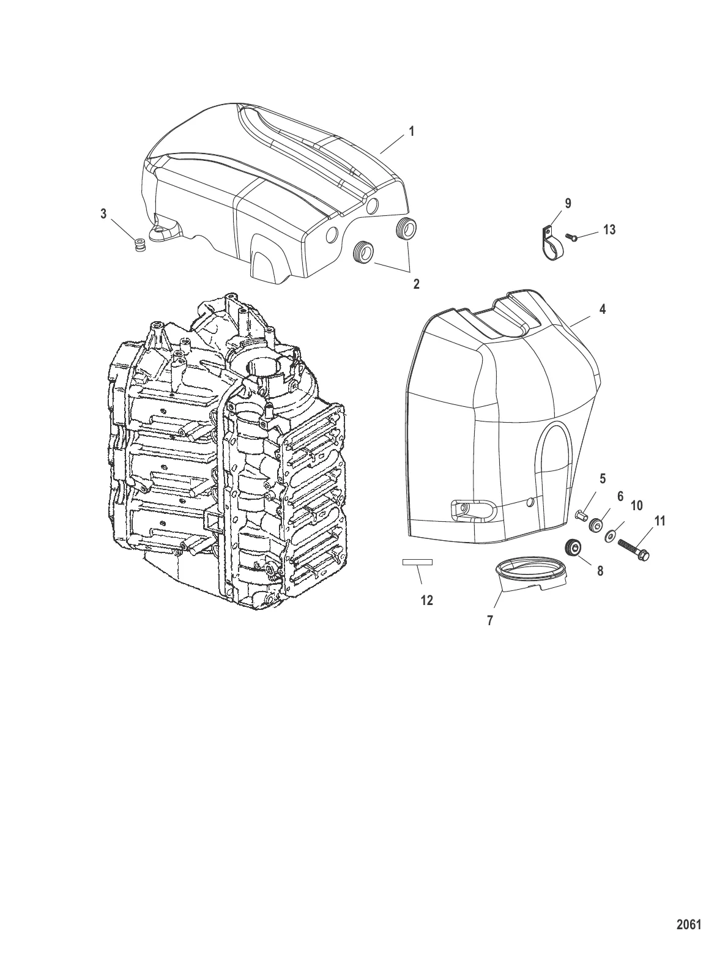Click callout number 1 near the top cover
[411, 132]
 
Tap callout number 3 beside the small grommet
[103, 214]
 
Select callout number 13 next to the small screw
[609, 229]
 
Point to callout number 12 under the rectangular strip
[427, 601]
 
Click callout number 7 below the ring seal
[489, 620]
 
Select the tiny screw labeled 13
[572, 237]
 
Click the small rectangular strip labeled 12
[417, 562]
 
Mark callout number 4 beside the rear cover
[603, 310]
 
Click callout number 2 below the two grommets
[417, 284]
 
